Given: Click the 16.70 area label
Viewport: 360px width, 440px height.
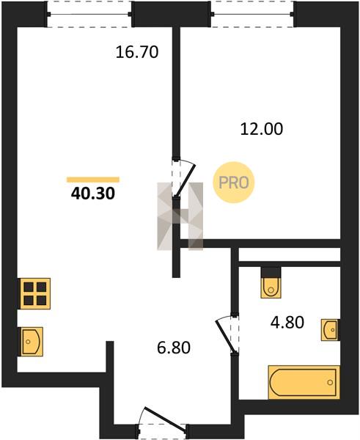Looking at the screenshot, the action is (x=137, y=52).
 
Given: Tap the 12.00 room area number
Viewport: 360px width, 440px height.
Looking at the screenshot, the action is (x=262, y=129).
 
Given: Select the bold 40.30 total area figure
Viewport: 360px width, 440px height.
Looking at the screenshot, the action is (x=93, y=194).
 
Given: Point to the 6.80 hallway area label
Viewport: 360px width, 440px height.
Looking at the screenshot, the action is (x=174, y=348).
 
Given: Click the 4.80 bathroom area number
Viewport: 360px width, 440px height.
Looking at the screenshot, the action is (x=287, y=322).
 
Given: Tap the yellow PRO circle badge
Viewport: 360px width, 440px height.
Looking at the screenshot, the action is (x=233, y=183).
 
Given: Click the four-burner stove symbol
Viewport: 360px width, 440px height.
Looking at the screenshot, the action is (x=35, y=293).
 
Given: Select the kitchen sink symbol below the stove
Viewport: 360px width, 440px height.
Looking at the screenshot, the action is (x=31, y=342).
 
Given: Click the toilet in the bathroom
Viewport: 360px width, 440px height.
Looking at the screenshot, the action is (x=271, y=287).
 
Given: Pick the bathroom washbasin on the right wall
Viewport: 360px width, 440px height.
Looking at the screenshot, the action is (x=331, y=330).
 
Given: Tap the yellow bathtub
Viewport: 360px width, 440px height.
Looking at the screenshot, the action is (x=304, y=382).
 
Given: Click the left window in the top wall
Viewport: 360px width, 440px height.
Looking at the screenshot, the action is (x=89, y=14).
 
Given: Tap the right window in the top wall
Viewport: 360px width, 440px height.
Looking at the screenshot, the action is (x=252, y=14).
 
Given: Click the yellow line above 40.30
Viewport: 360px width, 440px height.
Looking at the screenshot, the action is (x=93, y=180).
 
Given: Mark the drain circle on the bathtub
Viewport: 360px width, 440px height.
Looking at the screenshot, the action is (x=330, y=382).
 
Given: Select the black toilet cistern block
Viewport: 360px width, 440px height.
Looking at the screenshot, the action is (x=271, y=272).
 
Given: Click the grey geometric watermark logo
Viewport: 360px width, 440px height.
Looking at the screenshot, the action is (x=180, y=216).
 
